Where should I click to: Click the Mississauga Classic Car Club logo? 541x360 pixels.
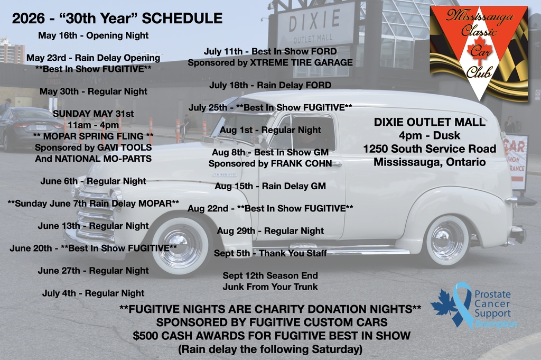coord(479,53)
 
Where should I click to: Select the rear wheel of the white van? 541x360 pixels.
coord(447,241)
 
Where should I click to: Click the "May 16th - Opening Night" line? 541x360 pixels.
coord(93,35)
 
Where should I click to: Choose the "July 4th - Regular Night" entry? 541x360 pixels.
coord(93,293)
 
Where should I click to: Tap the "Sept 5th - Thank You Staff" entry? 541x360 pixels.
coord(270,253)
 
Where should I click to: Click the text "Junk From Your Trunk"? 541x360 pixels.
coord(270,287)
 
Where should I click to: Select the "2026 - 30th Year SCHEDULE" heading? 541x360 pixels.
coord(117,19)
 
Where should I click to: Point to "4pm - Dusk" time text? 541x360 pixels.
coord(430,135)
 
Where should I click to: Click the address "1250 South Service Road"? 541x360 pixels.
coord(430,149)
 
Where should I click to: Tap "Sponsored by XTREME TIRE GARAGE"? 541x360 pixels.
coord(270,63)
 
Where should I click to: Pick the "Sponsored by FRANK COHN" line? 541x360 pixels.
coord(270,163)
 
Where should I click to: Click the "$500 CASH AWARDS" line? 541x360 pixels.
coord(272,336)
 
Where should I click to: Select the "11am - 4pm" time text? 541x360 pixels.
coord(93,125)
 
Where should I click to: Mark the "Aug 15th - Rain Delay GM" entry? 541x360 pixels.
coord(270,187)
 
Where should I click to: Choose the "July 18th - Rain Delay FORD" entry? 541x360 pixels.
coord(270,85)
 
